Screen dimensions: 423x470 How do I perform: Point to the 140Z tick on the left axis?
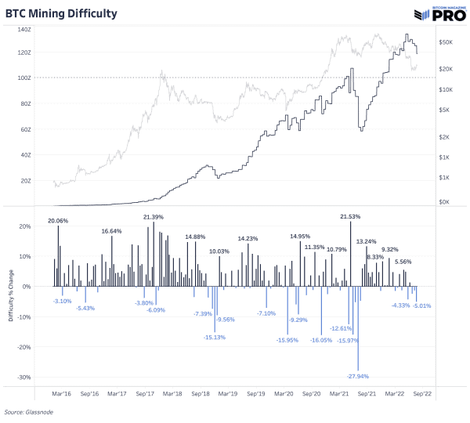[23, 27]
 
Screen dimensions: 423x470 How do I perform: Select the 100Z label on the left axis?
[23, 78]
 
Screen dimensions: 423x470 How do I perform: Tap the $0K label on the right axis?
[445, 201]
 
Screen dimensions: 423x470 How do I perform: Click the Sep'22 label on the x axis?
[424, 395]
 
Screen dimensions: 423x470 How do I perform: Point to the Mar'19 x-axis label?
[227, 395]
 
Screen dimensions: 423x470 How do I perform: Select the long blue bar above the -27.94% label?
[358, 328]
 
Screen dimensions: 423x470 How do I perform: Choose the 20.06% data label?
[58, 221]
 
